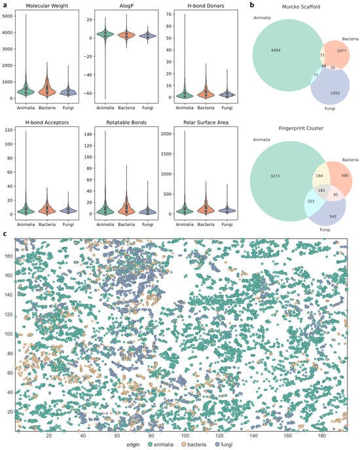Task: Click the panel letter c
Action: point(5,232)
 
